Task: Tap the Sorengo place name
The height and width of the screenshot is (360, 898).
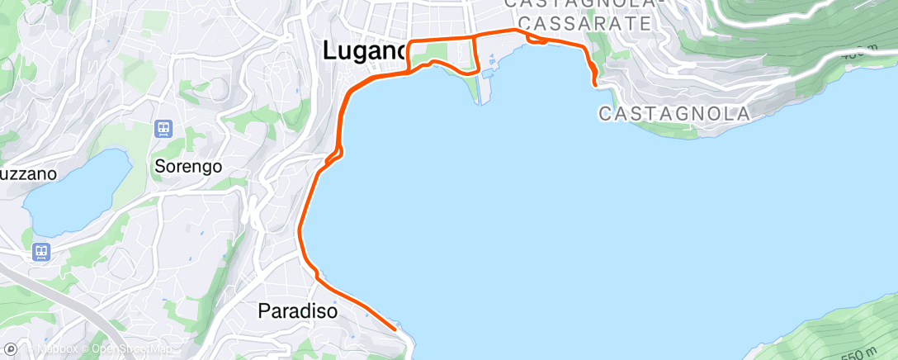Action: [188, 166]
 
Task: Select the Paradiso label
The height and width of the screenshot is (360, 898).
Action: [298, 311]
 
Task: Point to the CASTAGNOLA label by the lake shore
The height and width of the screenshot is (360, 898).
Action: [673, 114]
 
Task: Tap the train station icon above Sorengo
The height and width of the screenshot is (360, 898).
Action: [163, 129]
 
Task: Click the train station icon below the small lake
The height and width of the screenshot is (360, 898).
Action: [40, 251]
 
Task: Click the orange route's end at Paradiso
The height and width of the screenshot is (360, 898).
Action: [395, 329]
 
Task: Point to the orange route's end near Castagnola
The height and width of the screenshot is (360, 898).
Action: [595, 83]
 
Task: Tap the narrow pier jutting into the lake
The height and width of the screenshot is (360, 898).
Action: [478, 91]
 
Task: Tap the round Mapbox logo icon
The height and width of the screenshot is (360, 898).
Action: [11, 350]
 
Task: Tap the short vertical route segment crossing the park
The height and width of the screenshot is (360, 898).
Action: [475, 54]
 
